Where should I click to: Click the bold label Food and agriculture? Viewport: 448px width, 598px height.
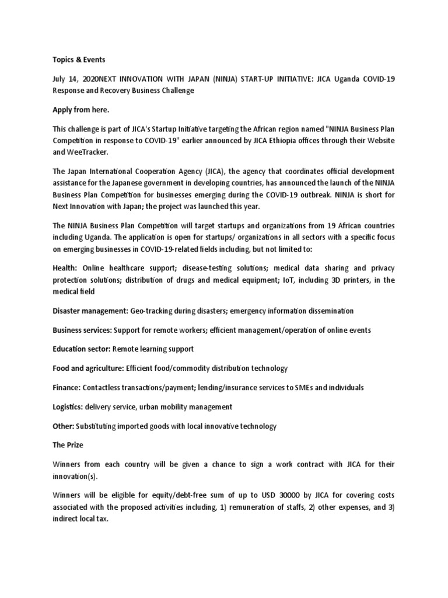click(x=89, y=368)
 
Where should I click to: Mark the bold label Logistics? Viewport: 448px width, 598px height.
click(x=69, y=407)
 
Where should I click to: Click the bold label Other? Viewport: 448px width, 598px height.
click(x=64, y=426)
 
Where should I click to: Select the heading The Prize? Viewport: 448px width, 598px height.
click(x=68, y=445)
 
